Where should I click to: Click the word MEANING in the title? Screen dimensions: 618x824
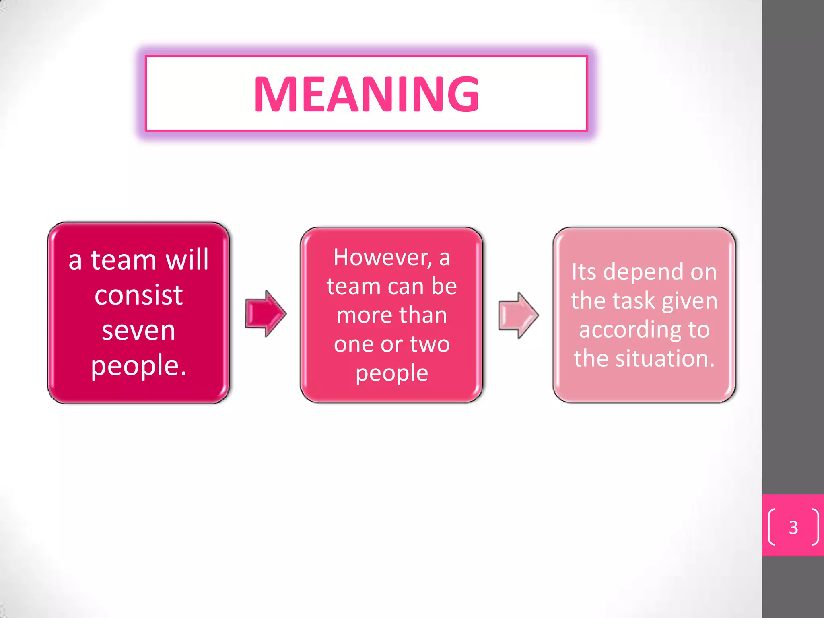tap(366, 94)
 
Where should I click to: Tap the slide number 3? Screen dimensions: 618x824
tap(793, 527)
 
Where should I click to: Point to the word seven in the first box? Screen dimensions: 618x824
tap(138, 331)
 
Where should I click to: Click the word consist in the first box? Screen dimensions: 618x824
tap(138, 295)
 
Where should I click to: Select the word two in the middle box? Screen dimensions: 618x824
tap(430, 344)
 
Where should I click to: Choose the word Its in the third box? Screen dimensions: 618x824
tap(584, 272)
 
